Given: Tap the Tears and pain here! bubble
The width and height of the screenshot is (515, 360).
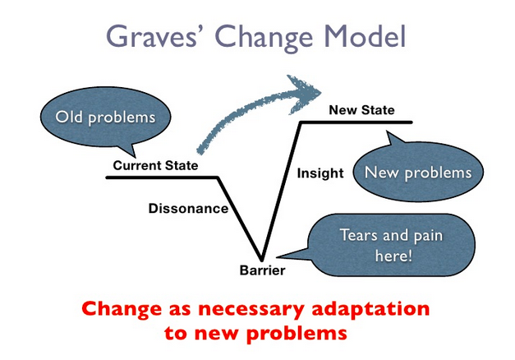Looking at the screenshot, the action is (x=390, y=245).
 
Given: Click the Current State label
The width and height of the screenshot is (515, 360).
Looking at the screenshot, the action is (x=156, y=165).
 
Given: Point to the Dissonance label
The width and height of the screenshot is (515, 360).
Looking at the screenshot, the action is (x=188, y=208).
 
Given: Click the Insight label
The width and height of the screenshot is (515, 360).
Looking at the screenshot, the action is (x=315, y=173).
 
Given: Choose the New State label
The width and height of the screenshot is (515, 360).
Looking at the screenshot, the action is (x=361, y=110).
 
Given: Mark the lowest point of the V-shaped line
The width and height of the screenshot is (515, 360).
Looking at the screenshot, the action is (x=263, y=259).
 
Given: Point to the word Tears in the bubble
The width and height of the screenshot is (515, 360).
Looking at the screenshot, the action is (x=357, y=236).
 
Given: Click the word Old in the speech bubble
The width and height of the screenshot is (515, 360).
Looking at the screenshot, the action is (x=71, y=117).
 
